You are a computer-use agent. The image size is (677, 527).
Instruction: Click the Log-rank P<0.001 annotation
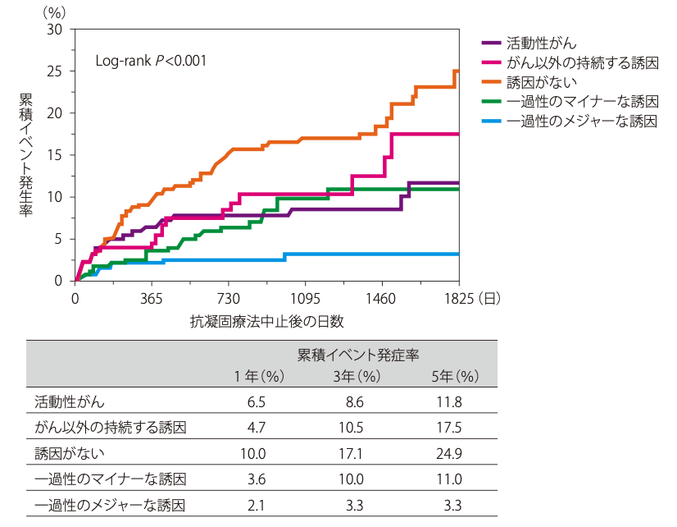click(x=152, y=61)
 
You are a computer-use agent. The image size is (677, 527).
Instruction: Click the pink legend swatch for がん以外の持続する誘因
click(x=491, y=62)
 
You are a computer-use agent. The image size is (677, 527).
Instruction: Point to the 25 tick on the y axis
click(x=56, y=71)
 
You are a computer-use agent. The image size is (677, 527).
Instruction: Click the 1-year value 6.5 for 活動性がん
click(x=257, y=402)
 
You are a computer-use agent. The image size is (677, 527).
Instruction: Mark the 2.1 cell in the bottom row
click(x=257, y=504)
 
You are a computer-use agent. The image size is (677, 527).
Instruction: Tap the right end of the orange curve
click(x=457, y=71)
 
